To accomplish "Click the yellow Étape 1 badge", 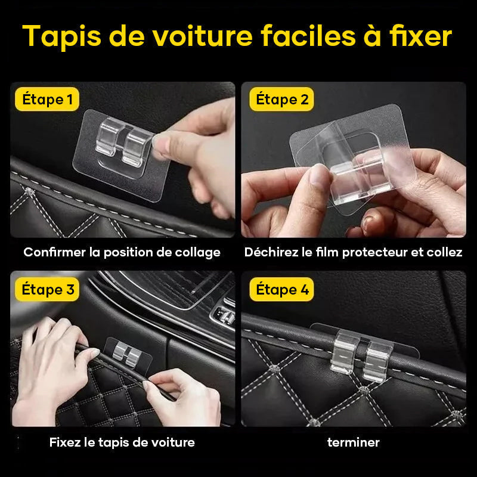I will [47, 100].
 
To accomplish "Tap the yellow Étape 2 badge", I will [283, 100].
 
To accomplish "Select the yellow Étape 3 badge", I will [48, 290].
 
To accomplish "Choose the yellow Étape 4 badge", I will [283, 290].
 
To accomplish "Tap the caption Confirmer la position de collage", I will [122, 252].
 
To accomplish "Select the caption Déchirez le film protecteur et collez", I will [353, 252].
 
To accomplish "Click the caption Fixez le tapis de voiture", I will [122, 442].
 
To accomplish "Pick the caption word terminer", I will [353, 442].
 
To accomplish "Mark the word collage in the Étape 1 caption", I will [197, 252].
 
